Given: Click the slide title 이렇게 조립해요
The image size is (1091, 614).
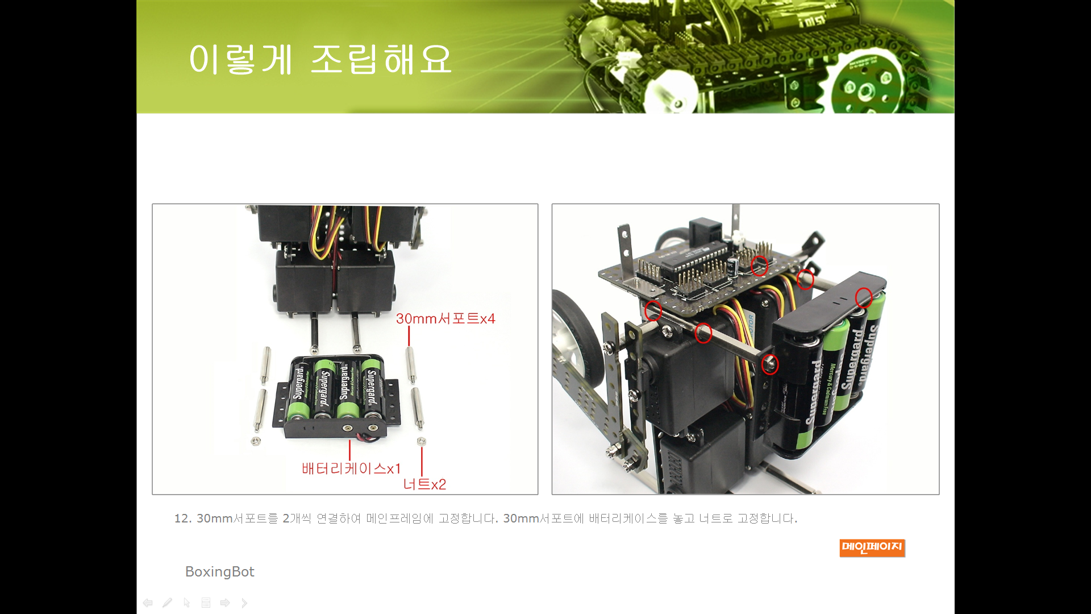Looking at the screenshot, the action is point(320,59).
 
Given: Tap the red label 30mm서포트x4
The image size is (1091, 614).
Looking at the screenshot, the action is point(445,318).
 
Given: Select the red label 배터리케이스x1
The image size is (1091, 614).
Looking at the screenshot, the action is point(351,468).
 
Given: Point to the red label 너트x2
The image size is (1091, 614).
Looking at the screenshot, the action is point(424,484).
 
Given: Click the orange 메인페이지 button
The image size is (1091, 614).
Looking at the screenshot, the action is point(872,547).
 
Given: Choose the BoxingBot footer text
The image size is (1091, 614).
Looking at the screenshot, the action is point(219,571).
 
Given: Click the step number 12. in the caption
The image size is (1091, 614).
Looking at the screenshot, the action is point(183,518).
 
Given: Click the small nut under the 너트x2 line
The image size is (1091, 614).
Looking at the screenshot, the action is point(421,441).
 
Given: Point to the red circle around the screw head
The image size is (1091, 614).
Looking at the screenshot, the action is point(770,364).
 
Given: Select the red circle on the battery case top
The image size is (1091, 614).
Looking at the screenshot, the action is point(864,297).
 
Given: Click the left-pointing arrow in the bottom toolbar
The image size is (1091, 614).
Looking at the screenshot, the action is point(148,603).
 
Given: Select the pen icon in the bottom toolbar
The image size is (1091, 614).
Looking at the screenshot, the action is point(167,603).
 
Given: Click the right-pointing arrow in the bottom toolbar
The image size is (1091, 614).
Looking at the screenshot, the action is point(225,603).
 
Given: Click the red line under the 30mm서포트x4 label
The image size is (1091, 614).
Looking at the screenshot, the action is point(409,336).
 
